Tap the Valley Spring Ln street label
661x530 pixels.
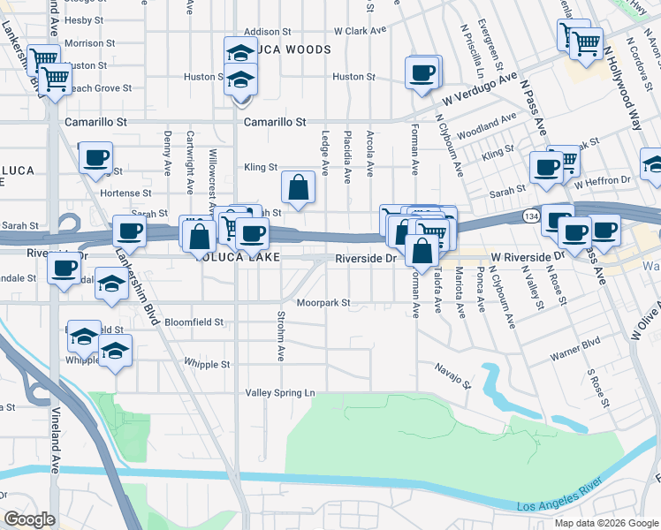pos(279,392)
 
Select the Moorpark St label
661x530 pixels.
pos(323,302)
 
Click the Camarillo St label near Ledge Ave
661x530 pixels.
pos(275,122)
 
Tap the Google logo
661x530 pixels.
pos(29,519)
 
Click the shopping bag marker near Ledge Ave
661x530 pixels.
pos(299,187)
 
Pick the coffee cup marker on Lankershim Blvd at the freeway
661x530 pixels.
pos(130,232)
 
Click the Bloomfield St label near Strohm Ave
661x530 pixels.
pos(194,322)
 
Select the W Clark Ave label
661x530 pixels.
pos(361,30)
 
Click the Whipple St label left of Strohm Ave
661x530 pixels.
pos(207,364)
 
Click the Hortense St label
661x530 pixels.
pos(120,193)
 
